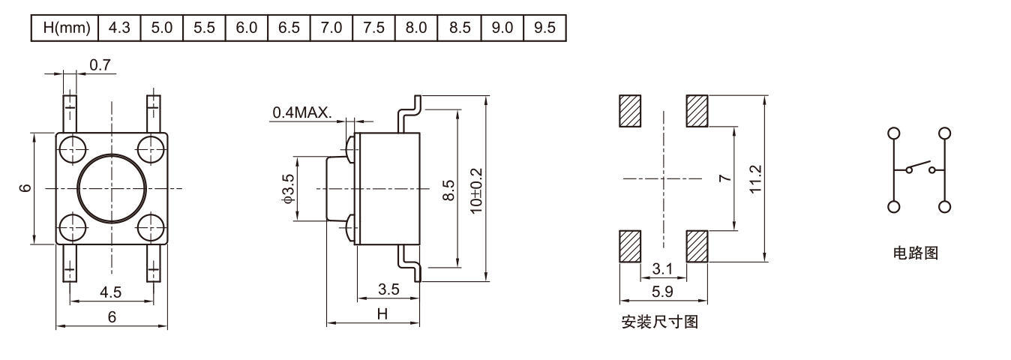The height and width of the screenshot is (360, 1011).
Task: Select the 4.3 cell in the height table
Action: tap(118, 28)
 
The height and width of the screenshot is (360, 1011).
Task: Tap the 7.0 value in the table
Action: tap(331, 28)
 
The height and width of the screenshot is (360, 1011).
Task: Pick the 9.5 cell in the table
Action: tap(544, 28)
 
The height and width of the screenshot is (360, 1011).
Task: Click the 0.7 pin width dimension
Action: tap(99, 65)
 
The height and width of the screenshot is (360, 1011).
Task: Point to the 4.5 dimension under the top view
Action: tap(111, 291)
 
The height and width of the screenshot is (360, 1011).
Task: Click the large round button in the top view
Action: tap(111, 188)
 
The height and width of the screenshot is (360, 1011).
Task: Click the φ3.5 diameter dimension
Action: tap(287, 189)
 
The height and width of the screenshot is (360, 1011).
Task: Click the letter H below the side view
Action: tap(382, 315)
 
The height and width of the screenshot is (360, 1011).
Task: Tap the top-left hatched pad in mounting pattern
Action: tap(629, 111)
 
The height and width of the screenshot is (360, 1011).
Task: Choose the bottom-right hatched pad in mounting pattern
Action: tap(697, 246)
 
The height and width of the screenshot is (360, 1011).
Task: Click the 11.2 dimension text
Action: tap(755, 178)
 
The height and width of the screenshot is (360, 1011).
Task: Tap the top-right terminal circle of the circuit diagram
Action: tap(944, 133)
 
